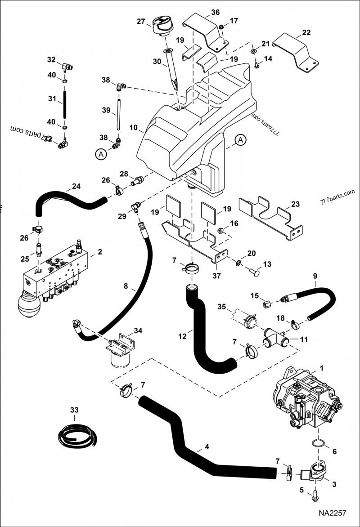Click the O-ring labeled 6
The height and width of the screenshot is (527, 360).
[x=318, y=445]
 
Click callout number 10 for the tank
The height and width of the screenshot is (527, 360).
[x=133, y=128]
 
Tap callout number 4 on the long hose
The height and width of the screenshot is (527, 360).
[x=206, y=447]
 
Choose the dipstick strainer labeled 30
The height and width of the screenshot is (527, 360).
[x=172, y=70]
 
